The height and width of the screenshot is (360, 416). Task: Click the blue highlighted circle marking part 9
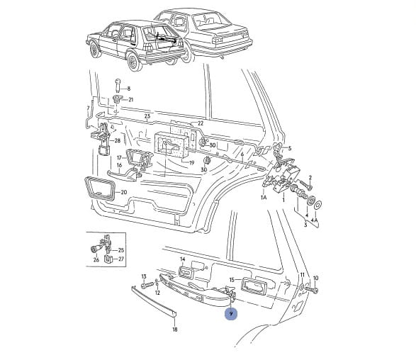point(231,314)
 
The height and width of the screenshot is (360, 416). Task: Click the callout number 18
point(175,330)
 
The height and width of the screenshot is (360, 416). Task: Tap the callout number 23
point(147,116)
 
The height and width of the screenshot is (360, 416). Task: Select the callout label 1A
point(264,197)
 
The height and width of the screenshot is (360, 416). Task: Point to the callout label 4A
point(315,220)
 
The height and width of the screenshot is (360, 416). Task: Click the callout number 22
point(201,123)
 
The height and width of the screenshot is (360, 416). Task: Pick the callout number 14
point(183,259)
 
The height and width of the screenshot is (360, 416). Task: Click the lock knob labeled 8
point(118,85)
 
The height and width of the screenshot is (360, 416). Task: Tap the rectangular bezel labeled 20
point(99,188)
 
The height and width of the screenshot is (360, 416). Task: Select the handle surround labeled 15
point(254,286)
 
